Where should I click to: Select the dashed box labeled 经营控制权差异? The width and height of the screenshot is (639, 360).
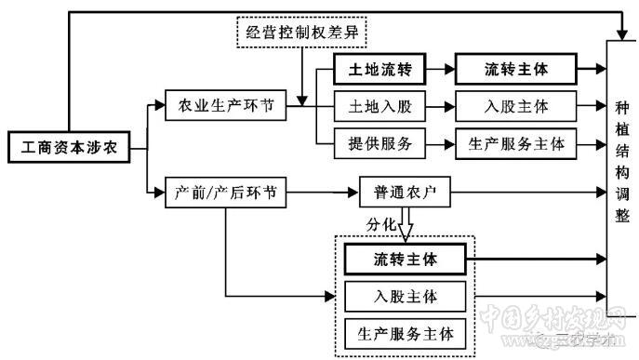pos(302,35)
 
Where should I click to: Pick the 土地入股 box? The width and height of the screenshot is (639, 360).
pos(379,106)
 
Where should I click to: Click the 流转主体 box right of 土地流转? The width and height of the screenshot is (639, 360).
pos(516,70)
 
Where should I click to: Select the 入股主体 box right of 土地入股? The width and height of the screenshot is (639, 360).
pos(516,106)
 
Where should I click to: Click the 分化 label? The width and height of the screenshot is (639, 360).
pos(381,224)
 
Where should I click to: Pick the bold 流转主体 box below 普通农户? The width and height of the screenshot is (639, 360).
pos(405,258)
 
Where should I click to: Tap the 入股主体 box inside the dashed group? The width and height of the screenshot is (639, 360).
pos(405,297)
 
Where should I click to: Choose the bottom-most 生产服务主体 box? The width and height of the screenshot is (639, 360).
pos(405,332)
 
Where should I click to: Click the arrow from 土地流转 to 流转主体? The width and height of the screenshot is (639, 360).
pos(440,70)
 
